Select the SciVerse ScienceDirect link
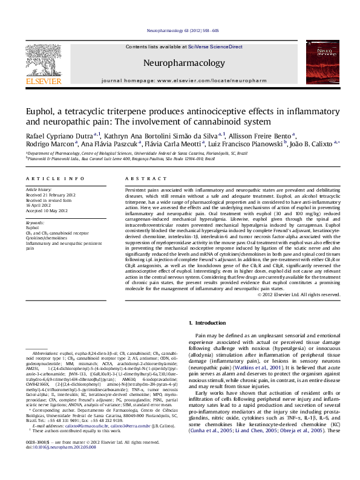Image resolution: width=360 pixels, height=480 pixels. tap(215, 47)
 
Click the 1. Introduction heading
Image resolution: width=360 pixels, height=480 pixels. tap(207, 323)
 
